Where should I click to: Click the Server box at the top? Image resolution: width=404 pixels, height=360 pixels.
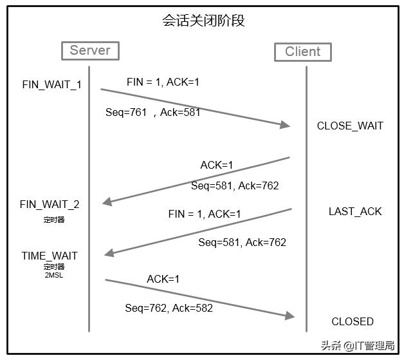(90, 50)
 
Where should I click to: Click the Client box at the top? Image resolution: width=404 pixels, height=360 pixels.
(302, 52)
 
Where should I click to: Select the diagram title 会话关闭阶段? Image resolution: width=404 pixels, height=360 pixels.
(203, 21)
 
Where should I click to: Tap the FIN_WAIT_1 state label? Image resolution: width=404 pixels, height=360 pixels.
(51, 85)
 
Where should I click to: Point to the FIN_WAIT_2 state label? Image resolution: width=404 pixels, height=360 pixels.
(50, 205)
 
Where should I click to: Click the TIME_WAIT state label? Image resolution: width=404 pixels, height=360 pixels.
(50, 256)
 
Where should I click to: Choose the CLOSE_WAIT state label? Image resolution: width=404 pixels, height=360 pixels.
(350, 126)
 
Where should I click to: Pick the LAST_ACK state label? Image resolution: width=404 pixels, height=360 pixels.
(355, 211)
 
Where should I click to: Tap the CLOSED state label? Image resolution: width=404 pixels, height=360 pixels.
(353, 321)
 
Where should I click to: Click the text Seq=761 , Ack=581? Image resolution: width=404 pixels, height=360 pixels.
(153, 112)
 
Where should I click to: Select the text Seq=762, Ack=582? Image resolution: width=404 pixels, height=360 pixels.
(169, 308)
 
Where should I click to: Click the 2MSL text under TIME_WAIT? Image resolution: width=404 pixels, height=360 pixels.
(54, 275)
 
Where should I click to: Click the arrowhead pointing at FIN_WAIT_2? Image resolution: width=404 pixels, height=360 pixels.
(107, 202)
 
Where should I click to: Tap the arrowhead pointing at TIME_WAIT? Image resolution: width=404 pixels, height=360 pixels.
(109, 253)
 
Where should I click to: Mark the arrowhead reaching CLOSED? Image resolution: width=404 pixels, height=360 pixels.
(289, 316)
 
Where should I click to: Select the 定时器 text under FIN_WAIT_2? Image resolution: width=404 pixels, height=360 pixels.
(54, 220)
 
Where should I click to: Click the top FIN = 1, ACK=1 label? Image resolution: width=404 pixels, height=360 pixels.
(163, 82)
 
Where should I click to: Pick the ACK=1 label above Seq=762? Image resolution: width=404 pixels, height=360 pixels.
(163, 279)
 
